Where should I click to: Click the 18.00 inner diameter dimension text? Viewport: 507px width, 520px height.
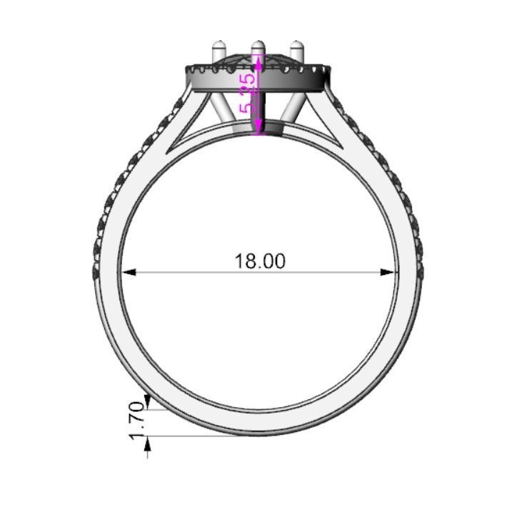(x=260, y=261)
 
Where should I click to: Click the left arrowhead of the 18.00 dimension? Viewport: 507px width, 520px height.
(x=126, y=272)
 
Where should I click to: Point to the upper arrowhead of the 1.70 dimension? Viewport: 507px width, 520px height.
(x=148, y=400)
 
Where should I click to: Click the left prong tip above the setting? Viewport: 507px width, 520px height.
(x=218, y=50)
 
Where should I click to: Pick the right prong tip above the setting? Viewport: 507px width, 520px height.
(x=296, y=50)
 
